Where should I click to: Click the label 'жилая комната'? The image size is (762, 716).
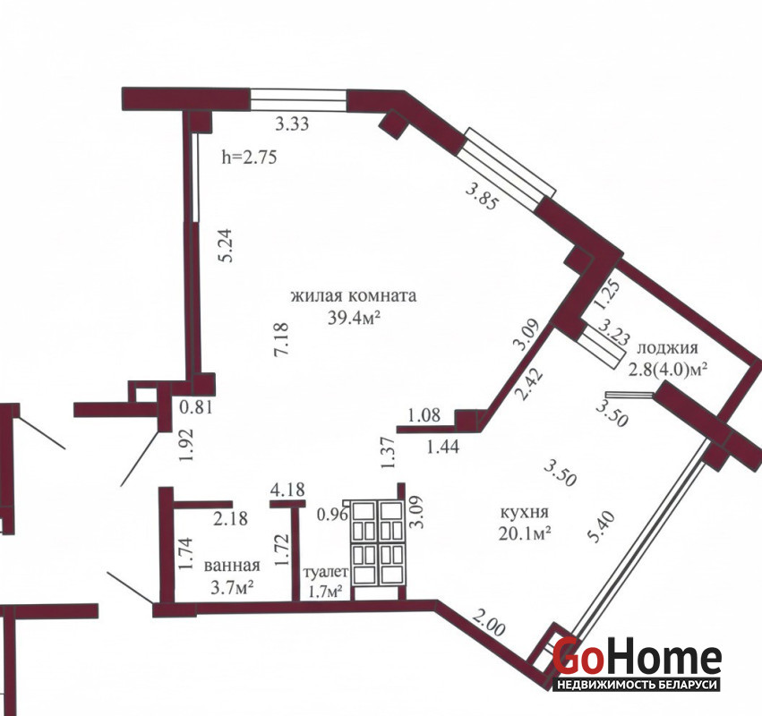[x=354, y=295]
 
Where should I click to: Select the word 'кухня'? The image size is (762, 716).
[x=525, y=512]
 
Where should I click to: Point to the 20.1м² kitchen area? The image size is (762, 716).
[x=525, y=533]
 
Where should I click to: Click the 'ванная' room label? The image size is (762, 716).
[x=232, y=566]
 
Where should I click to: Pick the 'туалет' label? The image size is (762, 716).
[x=326, y=572]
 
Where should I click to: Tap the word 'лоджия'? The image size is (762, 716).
[x=667, y=348]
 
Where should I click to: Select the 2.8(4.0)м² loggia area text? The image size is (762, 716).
[x=668, y=371]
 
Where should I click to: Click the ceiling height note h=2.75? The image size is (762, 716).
[x=249, y=157]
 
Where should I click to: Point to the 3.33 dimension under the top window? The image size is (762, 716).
[x=292, y=124]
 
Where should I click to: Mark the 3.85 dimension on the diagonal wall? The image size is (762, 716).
[x=482, y=195]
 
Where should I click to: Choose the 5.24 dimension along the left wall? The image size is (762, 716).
[x=226, y=245]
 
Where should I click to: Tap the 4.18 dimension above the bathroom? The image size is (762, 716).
[x=287, y=490]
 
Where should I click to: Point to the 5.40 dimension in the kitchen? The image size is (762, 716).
[x=602, y=527]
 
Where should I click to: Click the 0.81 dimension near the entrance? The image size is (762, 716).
[x=196, y=406]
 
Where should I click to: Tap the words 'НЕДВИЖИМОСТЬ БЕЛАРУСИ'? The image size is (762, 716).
[x=638, y=684]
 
